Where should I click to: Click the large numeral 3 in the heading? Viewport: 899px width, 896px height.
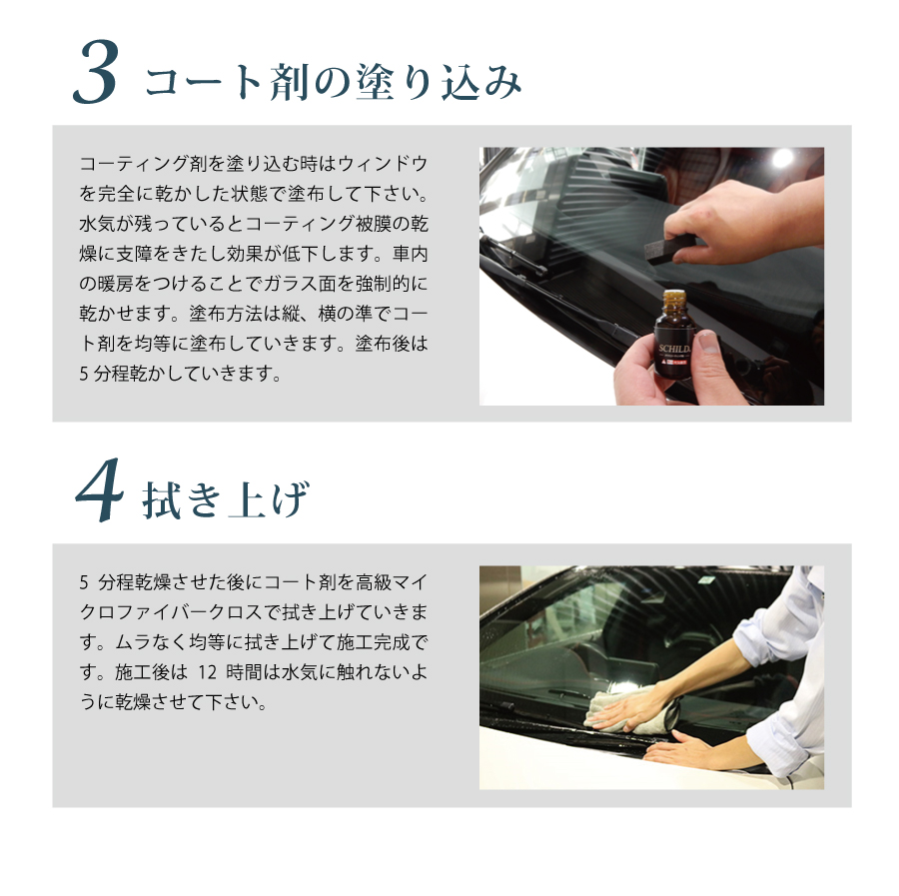[96, 73]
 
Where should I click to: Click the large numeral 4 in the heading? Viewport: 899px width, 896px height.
[99, 490]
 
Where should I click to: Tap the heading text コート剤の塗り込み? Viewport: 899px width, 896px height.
[333, 82]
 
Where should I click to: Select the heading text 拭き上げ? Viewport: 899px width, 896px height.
[226, 499]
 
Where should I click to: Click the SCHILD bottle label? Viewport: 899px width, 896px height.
[675, 357]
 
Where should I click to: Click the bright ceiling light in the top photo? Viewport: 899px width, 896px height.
[781, 158]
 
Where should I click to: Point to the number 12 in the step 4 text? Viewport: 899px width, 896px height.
[207, 672]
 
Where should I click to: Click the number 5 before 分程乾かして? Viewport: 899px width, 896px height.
[83, 374]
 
